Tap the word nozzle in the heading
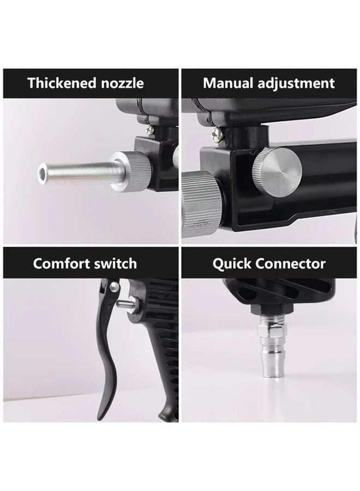point(122,83)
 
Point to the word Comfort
point(61,264)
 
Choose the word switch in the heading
point(115,264)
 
